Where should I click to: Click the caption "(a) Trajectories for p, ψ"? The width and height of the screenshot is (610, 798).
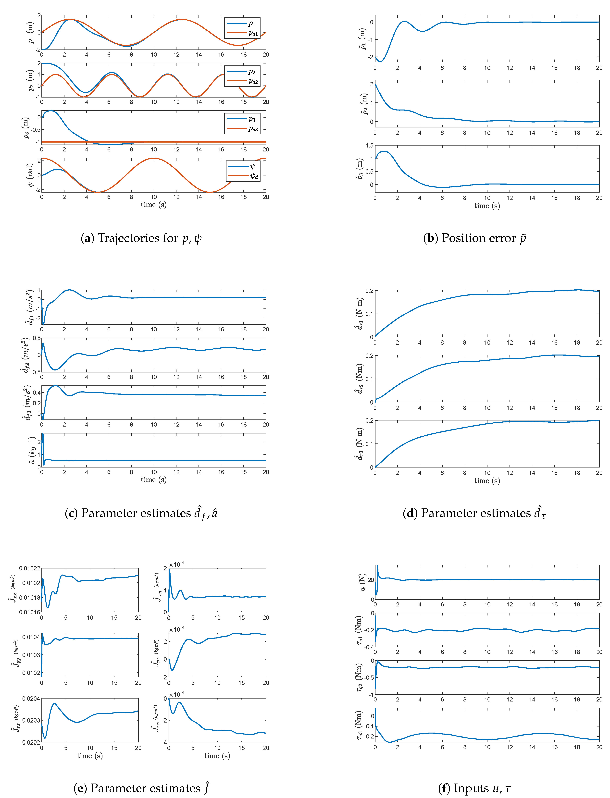pos(141,238)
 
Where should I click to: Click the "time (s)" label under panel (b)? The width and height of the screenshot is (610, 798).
pos(487,206)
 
